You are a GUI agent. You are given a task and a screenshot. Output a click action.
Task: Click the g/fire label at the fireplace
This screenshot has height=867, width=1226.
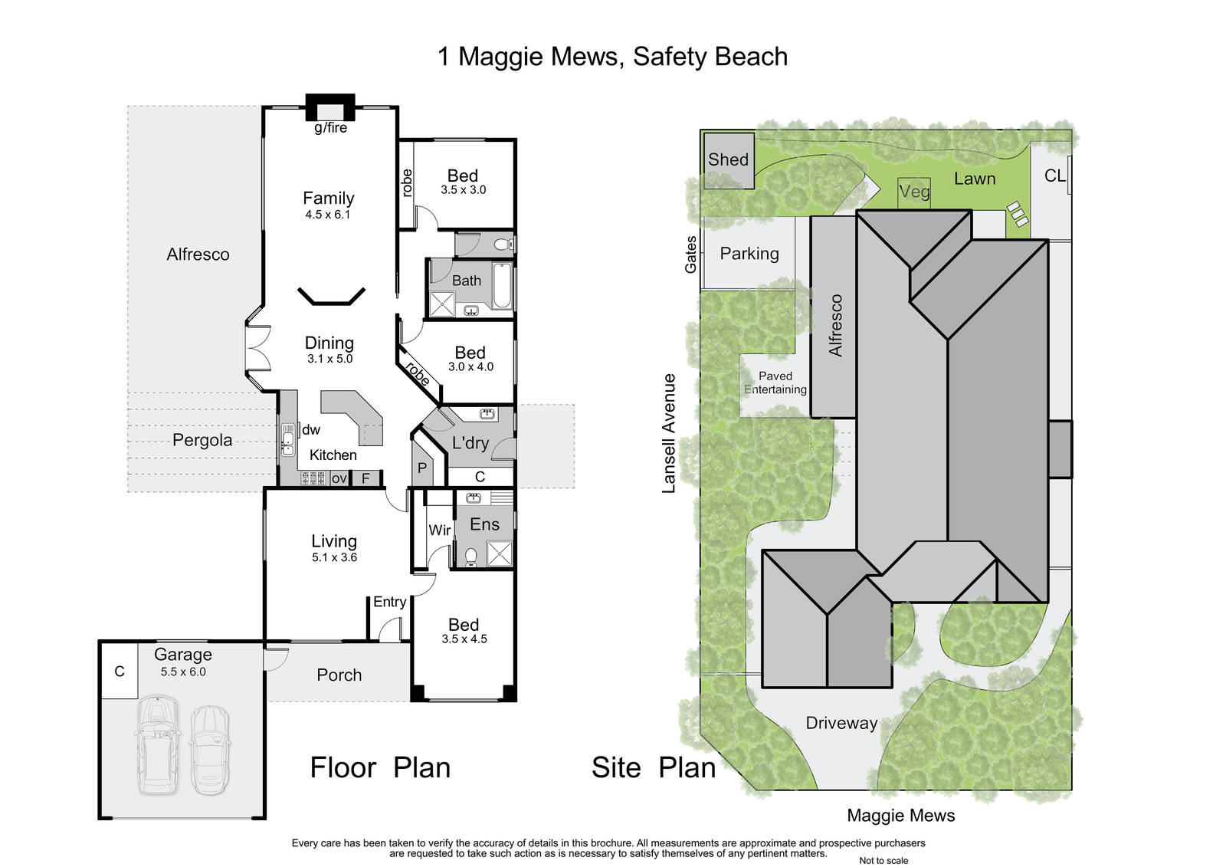330,128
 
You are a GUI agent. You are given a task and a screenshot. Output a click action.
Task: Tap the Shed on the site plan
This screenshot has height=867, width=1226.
729,161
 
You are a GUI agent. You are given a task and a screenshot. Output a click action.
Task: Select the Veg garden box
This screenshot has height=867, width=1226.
914,192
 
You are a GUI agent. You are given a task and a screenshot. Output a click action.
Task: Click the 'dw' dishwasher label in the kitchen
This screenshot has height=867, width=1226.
311,430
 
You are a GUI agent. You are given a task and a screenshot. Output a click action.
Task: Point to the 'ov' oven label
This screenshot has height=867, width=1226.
339,478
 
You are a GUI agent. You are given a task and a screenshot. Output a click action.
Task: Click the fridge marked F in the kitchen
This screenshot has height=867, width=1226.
366,478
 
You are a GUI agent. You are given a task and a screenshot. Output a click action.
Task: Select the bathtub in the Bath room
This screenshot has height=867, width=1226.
503,285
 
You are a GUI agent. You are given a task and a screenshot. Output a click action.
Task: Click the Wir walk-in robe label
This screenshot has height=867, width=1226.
440,530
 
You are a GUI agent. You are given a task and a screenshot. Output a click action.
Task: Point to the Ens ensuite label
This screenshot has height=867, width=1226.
484,524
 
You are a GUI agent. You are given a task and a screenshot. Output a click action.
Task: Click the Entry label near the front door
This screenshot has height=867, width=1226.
390,602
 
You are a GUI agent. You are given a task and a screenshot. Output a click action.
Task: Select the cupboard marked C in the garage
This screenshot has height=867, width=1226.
120,672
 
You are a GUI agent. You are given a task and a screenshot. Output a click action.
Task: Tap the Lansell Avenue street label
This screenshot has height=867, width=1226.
669,434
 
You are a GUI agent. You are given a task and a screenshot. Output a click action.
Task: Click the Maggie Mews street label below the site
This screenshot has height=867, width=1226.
901,816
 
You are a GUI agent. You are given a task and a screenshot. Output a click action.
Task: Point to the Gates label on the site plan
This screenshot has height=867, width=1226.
690,255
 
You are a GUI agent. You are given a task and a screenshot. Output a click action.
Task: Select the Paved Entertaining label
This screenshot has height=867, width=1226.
775,383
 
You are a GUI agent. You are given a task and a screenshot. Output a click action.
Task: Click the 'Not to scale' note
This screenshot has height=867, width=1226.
883,860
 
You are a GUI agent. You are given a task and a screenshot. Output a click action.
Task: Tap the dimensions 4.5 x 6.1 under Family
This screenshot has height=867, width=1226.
328,215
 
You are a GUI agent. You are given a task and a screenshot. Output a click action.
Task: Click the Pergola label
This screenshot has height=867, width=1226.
202,440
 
